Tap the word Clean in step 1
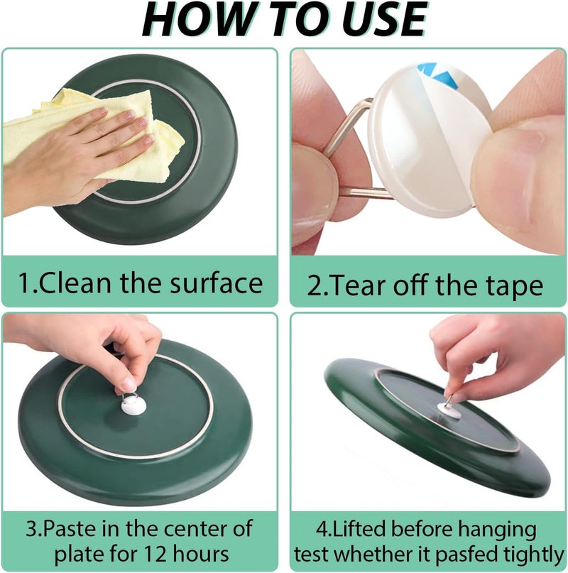coord(75,283)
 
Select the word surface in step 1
coord(217,283)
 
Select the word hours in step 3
coord(202,553)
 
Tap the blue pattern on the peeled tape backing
coord(439,74)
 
